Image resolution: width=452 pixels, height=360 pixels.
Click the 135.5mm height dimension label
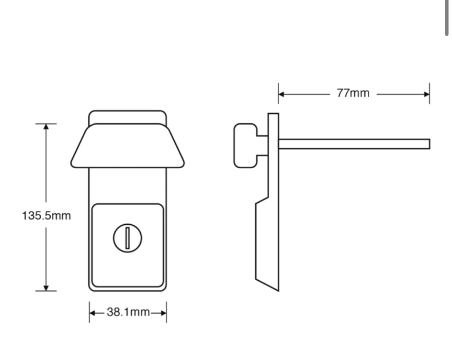(46, 215)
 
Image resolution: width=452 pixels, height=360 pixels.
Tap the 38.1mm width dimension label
(128, 312)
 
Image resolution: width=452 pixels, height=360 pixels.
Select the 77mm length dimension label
(353, 93)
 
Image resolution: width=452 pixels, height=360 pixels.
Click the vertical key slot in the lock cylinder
(127, 237)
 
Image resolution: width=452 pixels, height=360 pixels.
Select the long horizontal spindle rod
(353, 144)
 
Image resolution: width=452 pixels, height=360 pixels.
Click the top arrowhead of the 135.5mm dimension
(46, 127)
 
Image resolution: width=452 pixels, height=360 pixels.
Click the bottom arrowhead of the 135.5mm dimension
(46, 288)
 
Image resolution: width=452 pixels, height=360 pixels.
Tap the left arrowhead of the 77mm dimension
(281, 94)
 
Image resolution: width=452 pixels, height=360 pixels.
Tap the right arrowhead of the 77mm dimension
(427, 94)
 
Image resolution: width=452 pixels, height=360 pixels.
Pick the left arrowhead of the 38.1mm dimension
(92, 312)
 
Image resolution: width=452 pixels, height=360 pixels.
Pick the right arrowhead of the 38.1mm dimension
(164, 312)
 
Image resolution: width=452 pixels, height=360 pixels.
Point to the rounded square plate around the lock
(127, 267)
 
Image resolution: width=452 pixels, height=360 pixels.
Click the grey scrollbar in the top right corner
(447, 18)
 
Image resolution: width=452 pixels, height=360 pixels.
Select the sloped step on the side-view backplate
(262, 200)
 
